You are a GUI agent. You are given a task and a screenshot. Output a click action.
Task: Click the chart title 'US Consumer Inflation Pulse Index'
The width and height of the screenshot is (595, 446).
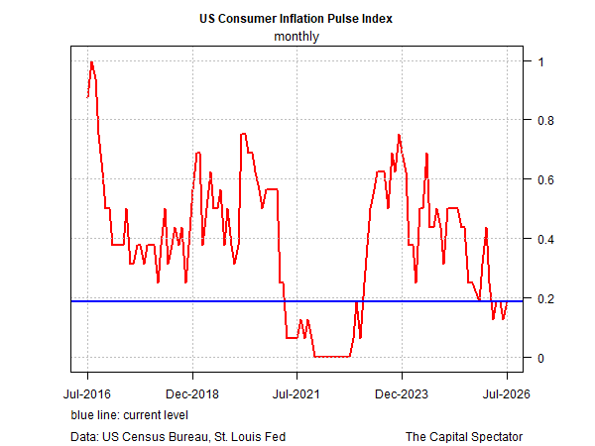(296, 18)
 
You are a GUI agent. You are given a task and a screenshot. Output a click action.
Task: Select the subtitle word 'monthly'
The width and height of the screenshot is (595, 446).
(297, 37)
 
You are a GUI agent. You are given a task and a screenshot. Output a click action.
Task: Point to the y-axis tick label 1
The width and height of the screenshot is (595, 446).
(540, 61)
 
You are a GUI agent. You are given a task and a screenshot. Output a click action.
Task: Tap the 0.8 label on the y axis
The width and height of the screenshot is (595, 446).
(545, 121)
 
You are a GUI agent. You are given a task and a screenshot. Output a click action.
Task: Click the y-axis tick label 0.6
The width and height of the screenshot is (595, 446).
(545, 179)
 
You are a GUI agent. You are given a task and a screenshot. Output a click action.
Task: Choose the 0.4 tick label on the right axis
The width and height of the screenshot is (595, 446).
(545, 239)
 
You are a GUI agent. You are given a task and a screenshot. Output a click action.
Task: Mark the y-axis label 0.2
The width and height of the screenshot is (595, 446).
(545, 299)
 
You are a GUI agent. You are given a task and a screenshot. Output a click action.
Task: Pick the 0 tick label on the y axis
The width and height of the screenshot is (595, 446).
(540, 358)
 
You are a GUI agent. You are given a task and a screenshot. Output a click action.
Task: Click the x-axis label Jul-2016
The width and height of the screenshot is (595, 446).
(87, 394)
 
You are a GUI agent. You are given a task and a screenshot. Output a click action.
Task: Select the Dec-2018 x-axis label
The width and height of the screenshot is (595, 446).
(192, 394)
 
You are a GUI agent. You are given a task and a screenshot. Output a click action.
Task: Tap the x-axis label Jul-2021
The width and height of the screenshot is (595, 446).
(297, 394)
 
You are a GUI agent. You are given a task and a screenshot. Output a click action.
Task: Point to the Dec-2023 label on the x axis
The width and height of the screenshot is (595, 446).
(402, 394)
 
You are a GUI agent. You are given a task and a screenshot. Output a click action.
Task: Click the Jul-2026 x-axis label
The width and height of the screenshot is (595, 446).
(506, 394)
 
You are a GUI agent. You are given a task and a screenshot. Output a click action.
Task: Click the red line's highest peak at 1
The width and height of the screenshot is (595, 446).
(91, 61)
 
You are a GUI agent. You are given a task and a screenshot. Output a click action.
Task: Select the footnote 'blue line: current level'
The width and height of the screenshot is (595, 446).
(129, 415)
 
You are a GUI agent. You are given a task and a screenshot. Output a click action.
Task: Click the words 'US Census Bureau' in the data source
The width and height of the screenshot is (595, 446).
(155, 436)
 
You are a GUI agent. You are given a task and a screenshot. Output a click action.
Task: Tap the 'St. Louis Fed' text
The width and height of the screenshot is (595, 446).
(250, 436)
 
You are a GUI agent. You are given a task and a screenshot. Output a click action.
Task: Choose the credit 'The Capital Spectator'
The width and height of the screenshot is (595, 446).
(464, 436)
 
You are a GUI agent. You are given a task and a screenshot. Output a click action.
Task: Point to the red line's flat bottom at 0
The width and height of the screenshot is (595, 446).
(332, 357)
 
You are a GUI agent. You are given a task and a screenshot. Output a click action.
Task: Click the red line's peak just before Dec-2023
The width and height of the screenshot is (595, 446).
(399, 135)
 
